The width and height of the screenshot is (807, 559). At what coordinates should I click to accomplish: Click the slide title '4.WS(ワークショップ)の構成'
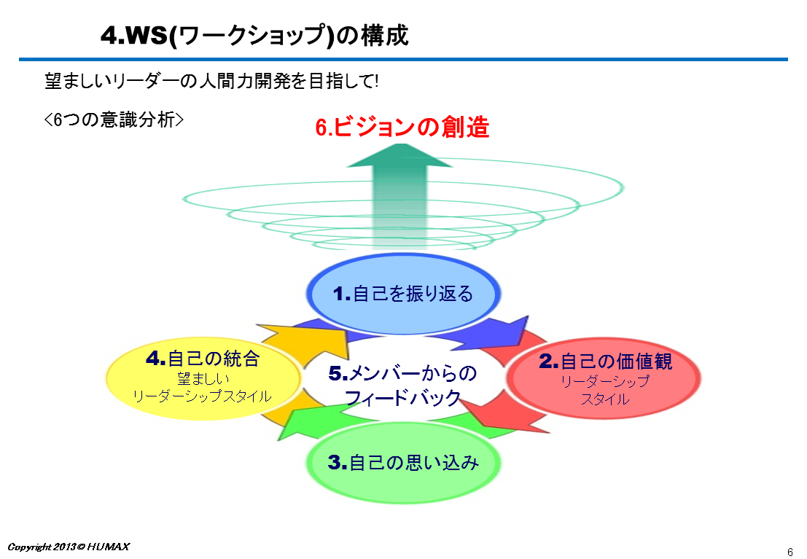(x=254, y=36)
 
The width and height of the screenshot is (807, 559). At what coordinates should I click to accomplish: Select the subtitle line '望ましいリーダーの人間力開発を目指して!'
(x=211, y=81)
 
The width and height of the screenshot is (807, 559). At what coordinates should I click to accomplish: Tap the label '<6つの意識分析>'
(x=114, y=120)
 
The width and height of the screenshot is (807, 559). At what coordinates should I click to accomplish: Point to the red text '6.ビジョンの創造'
(x=402, y=127)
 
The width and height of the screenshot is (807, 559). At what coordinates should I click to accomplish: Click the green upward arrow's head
(x=399, y=155)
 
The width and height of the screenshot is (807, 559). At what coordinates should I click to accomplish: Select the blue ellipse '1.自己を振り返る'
(x=404, y=294)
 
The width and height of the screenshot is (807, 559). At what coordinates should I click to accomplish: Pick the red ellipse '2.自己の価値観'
(x=604, y=378)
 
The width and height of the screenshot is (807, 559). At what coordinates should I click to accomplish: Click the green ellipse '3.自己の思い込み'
(x=404, y=462)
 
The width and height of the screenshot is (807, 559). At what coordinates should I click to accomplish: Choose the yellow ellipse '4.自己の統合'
(x=204, y=378)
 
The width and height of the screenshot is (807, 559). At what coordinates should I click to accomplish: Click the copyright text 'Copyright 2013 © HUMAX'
(x=69, y=547)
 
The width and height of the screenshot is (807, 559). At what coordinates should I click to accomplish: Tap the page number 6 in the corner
(x=790, y=552)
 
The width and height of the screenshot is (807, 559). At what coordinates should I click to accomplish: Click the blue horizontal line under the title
(x=404, y=60)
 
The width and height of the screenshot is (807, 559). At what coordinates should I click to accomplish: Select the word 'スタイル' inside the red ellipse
(x=605, y=399)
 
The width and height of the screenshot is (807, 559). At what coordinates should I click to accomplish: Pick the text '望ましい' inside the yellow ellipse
(x=203, y=379)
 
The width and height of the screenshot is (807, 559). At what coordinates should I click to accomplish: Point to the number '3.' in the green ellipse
(x=338, y=462)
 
